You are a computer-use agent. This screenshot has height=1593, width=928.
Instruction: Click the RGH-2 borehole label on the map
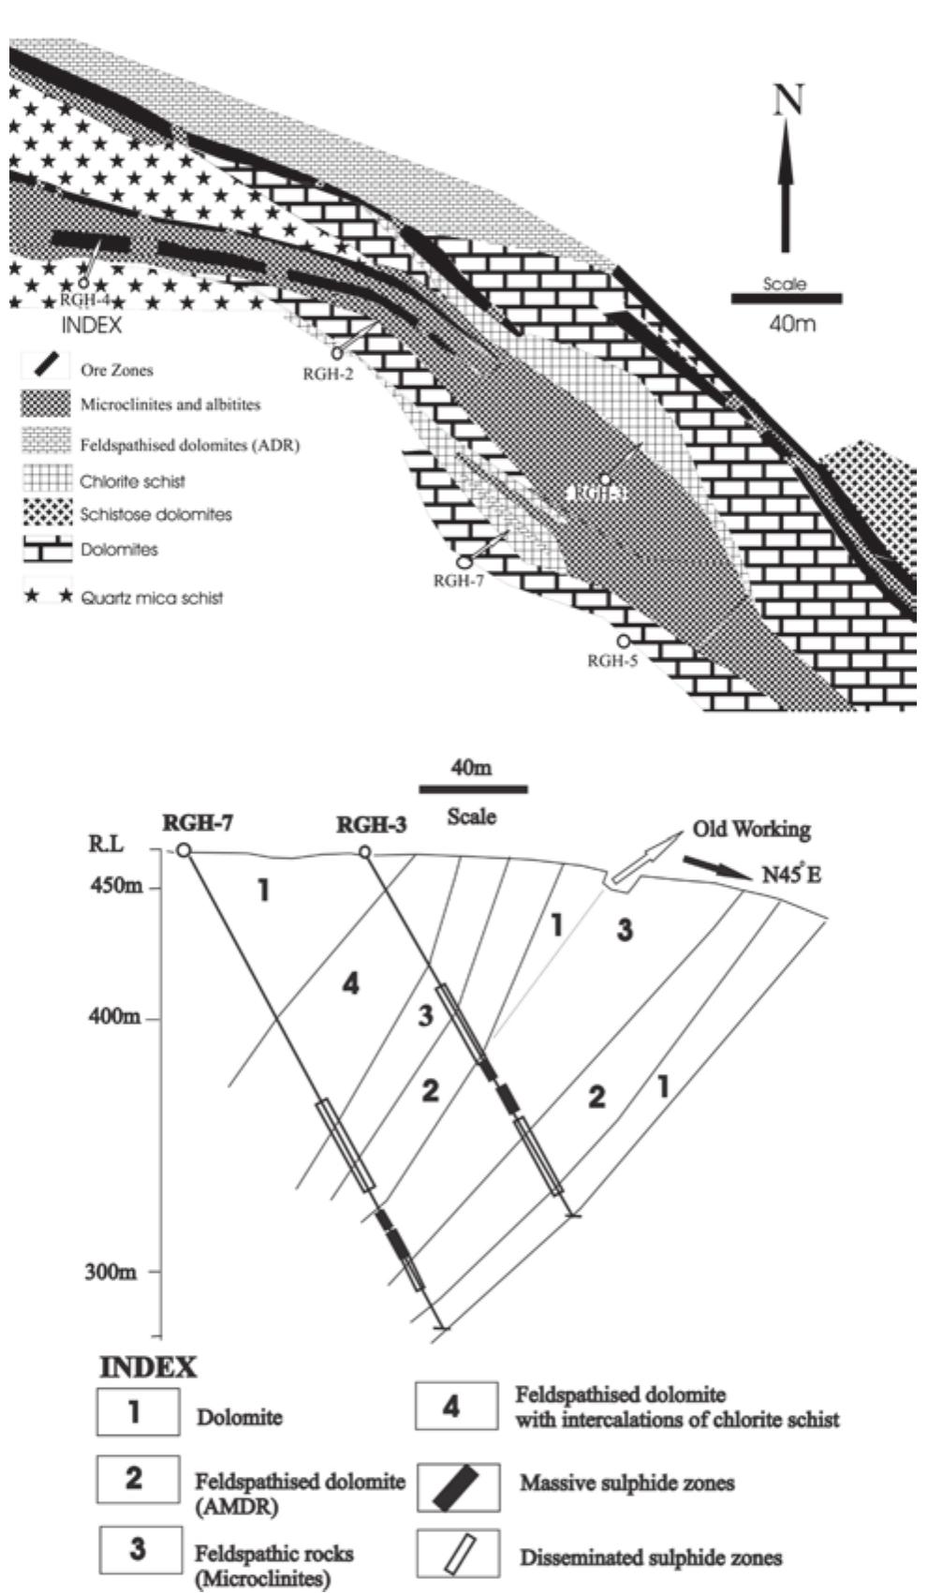coord(328,372)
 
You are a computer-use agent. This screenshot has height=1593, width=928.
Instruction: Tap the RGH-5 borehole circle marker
coord(623,642)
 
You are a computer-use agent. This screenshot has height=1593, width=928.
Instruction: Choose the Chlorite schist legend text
coord(132,481)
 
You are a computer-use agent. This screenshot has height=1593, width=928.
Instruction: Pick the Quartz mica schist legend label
coord(151,597)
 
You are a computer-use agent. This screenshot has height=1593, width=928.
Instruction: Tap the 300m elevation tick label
coord(118,1273)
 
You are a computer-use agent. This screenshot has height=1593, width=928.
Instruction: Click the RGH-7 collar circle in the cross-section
coord(184,850)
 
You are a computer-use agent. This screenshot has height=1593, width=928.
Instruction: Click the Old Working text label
coord(751,830)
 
